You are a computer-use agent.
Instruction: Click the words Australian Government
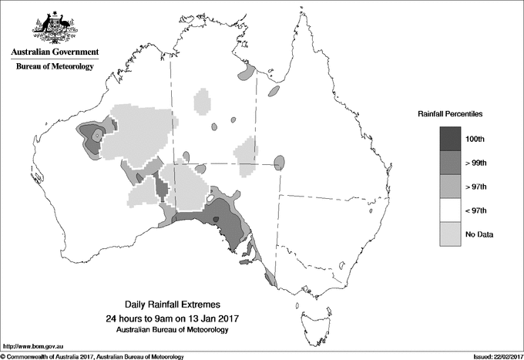pyautogui.click(x=54, y=52)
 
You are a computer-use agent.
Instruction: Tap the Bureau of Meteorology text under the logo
pyautogui.click(x=54, y=67)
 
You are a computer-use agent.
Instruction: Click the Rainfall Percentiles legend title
pyautogui.click(x=450, y=114)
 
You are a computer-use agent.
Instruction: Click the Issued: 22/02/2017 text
pyautogui.click(x=490, y=356)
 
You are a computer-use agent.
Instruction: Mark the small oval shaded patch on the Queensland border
pyautogui.click(x=279, y=163)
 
